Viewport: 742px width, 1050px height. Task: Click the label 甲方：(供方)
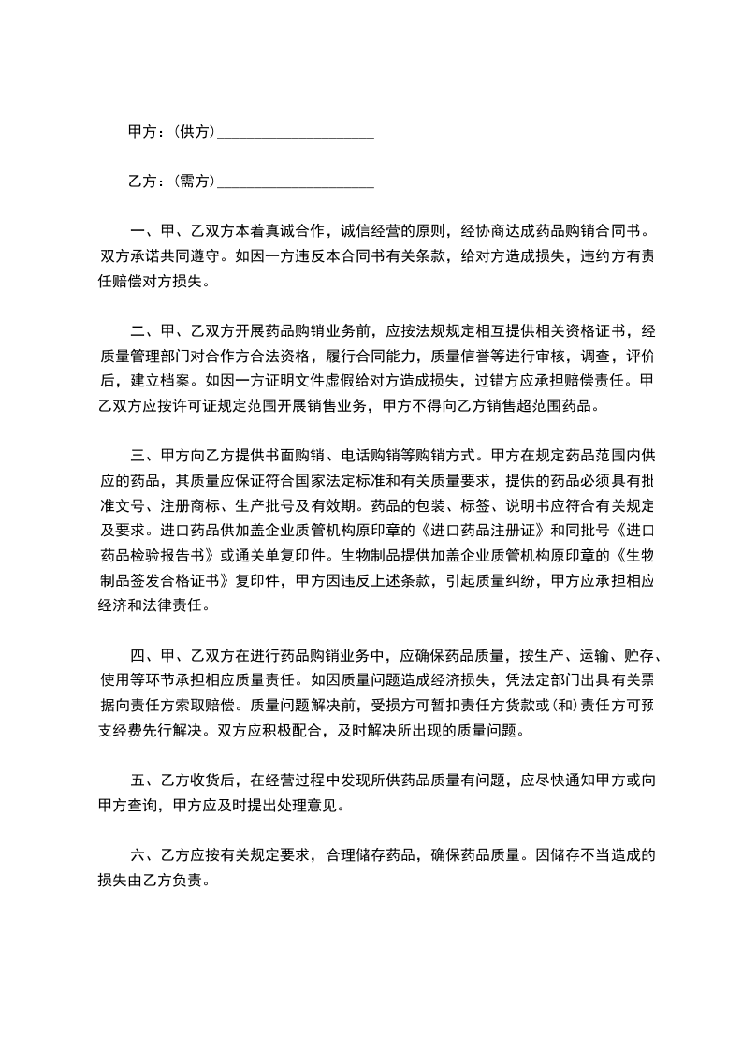pos(171,132)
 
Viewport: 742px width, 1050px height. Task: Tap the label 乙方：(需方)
pos(171,181)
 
